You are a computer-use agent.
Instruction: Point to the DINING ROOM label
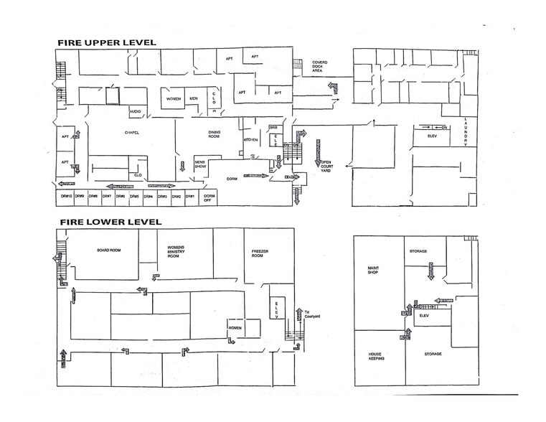click(x=214, y=133)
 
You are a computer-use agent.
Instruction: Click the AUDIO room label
click(x=135, y=112)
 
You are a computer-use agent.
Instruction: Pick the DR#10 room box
click(x=65, y=197)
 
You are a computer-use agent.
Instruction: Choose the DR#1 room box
click(x=190, y=197)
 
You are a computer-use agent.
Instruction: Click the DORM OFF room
click(x=210, y=197)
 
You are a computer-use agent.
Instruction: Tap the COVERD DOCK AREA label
click(x=319, y=67)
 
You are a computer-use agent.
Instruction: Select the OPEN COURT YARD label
click(x=326, y=166)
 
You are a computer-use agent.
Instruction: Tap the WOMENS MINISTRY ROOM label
click(x=177, y=250)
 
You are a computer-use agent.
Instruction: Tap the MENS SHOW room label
click(x=201, y=165)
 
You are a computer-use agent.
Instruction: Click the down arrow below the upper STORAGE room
click(x=430, y=271)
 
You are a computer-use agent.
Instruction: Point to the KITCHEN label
click(x=250, y=139)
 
